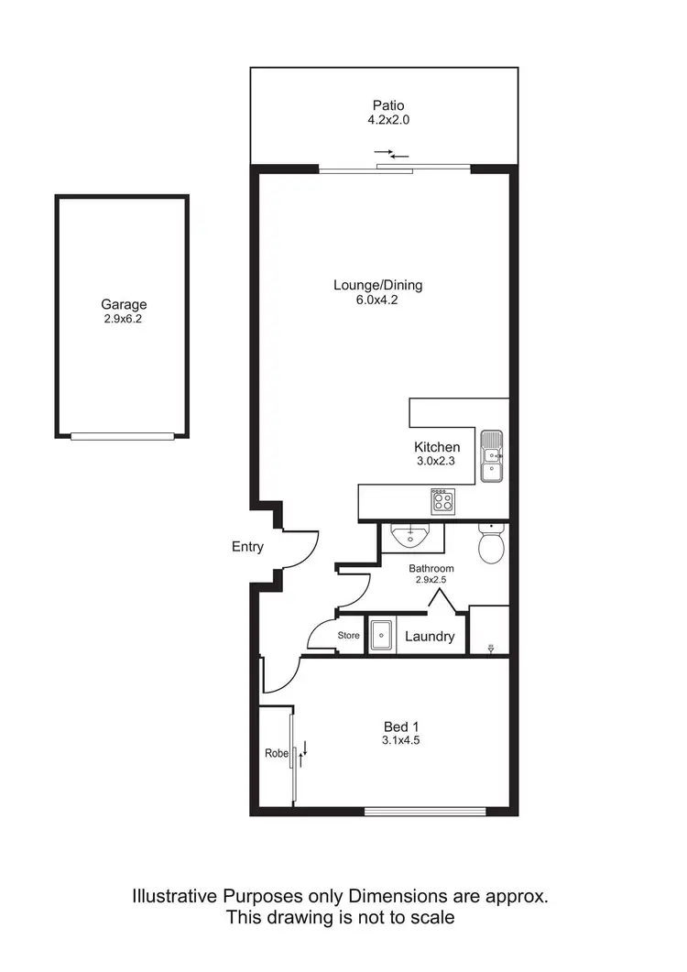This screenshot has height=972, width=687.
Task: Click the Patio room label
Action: (x=387, y=105)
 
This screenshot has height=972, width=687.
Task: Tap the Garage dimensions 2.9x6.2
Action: (x=124, y=320)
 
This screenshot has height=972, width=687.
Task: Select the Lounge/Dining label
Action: (x=377, y=285)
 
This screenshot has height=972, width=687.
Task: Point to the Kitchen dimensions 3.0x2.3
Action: (x=437, y=463)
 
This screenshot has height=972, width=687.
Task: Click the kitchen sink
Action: (x=492, y=455)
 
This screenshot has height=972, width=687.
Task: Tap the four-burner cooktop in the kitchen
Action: (x=442, y=500)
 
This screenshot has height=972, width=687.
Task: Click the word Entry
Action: (x=247, y=547)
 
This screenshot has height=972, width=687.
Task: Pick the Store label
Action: (x=349, y=635)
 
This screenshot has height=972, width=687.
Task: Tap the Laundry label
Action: (x=430, y=636)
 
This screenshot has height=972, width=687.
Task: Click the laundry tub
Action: (x=381, y=635)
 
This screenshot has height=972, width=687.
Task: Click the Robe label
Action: (x=275, y=754)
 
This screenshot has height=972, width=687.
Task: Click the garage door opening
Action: (x=123, y=436)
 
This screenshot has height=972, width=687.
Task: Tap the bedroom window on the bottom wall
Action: (x=424, y=810)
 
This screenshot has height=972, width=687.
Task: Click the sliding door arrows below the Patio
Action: (x=392, y=154)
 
